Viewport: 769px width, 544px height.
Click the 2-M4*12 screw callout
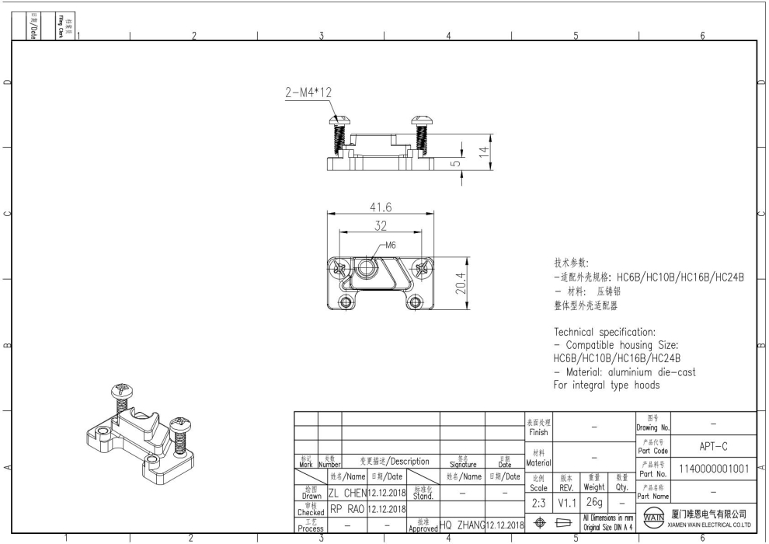pyautogui.click(x=308, y=92)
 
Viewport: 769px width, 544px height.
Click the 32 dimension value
pyautogui.click(x=381, y=226)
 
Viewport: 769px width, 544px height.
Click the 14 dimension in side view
pyautogui.click(x=483, y=152)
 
